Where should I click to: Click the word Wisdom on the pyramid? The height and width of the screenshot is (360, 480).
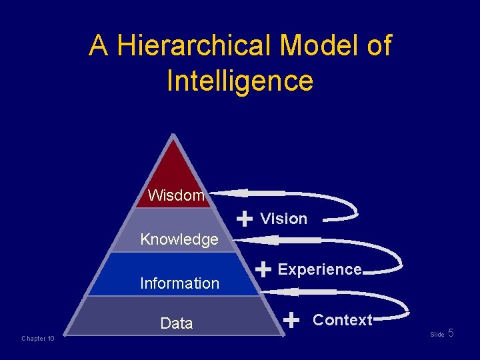pos(176,195)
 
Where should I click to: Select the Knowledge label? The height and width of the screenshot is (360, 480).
pos(179,239)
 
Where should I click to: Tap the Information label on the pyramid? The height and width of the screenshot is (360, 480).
pos(179,283)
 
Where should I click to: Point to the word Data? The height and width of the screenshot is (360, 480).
pos(177,323)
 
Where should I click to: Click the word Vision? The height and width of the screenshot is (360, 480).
pos(283,219)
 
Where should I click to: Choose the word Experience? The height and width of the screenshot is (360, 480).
pos(319,269)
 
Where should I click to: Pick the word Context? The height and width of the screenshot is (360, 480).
pos(342,320)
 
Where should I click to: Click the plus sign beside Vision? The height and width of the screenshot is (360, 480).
pos(245,218)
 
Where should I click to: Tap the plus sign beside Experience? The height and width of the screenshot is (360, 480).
pos(263,269)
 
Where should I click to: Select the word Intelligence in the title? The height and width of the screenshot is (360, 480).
pos(240,81)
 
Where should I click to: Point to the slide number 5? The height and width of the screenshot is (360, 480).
pos(451,333)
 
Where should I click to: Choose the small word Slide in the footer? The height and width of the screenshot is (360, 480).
pos(437,335)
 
